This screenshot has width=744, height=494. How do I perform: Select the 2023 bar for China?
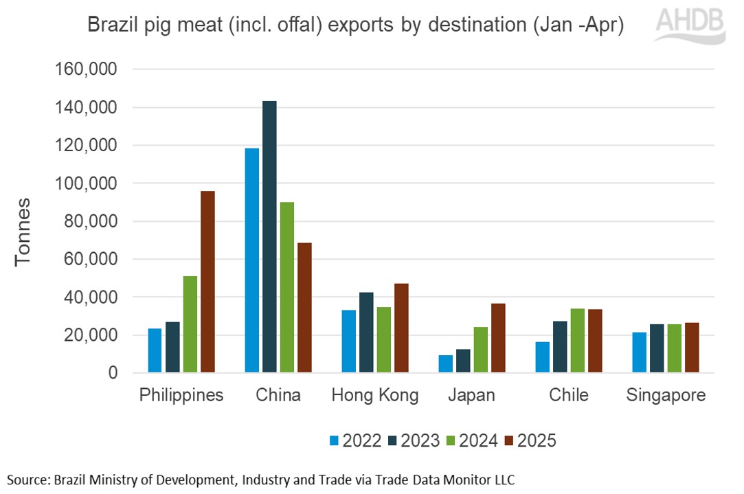(269, 237)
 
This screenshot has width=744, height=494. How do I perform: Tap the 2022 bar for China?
(252, 260)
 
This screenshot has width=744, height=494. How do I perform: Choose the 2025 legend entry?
(529, 440)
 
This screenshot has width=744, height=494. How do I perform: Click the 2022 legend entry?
(354, 440)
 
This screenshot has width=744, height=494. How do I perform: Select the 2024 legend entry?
(471, 440)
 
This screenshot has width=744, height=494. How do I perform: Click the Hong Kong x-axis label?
(375, 396)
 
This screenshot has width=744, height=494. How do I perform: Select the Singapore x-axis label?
(666, 396)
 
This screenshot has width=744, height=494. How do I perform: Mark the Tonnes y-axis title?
(23, 232)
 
